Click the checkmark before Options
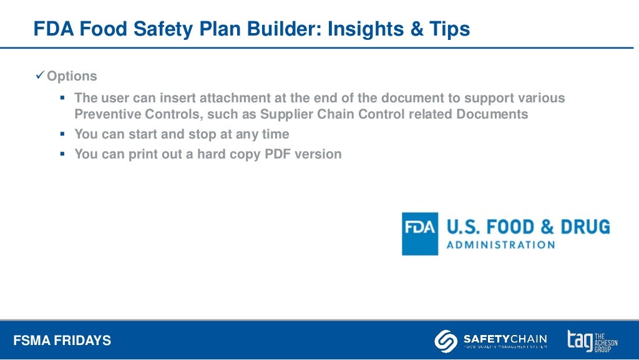click(x=40, y=76)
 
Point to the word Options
click(x=72, y=77)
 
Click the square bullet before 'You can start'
click(x=62, y=134)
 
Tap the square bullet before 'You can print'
click(x=62, y=154)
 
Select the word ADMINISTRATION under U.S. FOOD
click(x=500, y=245)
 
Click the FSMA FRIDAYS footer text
click(x=62, y=341)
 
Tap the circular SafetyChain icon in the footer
click(x=445, y=340)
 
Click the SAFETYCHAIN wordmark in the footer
click(x=505, y=338)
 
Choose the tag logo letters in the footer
click(x=580, y=340)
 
